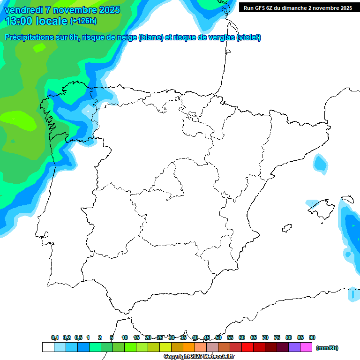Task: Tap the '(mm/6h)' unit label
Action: coord(327,348)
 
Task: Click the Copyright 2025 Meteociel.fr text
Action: coord(200,357)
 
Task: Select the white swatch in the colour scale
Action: coord(48,347)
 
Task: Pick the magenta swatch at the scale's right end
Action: coord(306,347)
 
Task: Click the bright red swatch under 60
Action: coord(247,347)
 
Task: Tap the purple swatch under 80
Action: coord(294,347)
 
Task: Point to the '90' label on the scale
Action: coord(312,337)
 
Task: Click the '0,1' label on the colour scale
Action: coord(55,337)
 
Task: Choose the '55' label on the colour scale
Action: coord(230,337)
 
